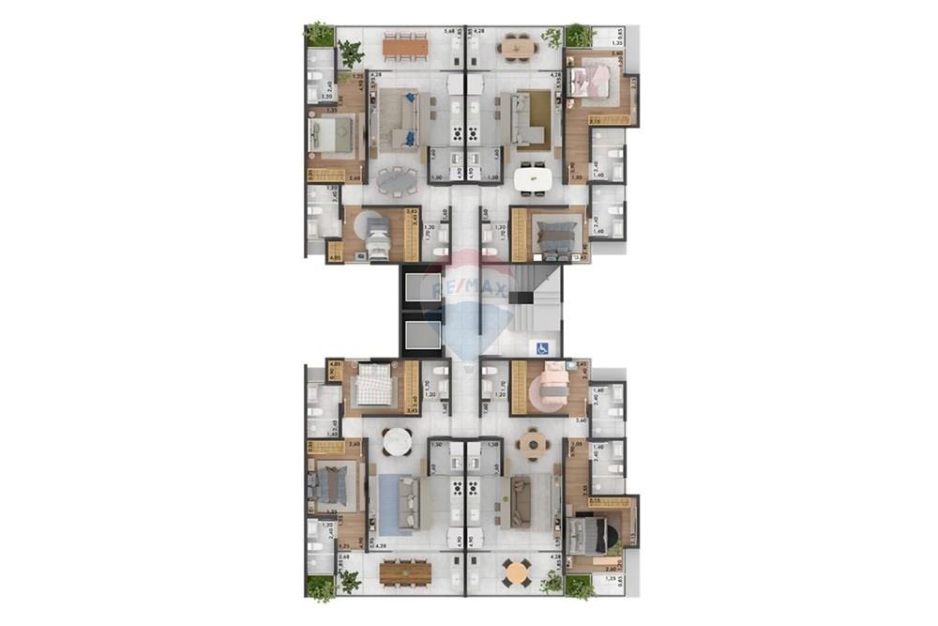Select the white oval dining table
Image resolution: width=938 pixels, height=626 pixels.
coord(532,176)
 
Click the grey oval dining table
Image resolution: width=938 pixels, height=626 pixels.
coord(401,177)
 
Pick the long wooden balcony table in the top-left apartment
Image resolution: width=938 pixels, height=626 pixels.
coord(405,43)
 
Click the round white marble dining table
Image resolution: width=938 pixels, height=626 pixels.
coord(397,440)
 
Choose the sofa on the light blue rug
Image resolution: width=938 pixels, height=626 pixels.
coord(408,504)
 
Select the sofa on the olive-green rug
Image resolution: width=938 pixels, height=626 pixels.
coord(522,503)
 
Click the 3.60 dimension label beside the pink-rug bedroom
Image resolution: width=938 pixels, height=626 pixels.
coord(581,420)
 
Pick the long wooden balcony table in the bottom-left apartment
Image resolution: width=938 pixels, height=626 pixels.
coord(405,570)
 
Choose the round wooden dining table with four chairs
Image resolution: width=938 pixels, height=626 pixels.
coord(533,443)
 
